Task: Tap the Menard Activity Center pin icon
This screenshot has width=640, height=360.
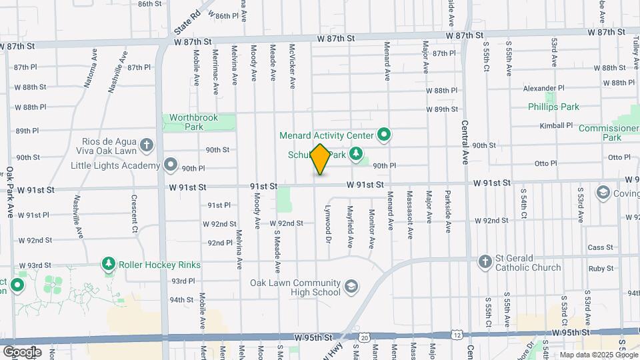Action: (383, 135)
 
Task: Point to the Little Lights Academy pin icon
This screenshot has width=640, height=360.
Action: (171, 165)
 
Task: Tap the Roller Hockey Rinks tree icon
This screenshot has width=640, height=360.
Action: (108, 265)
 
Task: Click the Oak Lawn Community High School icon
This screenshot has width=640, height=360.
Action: (351, 287)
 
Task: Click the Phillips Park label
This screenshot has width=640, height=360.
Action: (553, 107)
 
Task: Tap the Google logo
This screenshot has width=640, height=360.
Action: (22, 351)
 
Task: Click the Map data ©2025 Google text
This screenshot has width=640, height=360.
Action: (599, 355)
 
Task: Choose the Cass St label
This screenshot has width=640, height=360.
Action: (600, 247)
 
